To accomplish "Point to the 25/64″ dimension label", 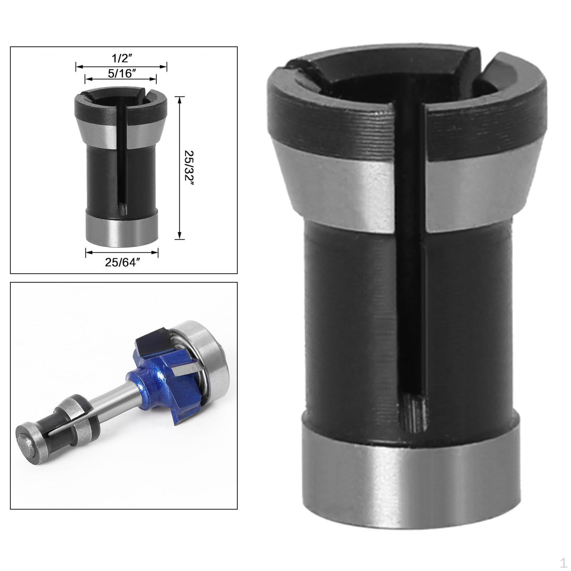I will (122, 262).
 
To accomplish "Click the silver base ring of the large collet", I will (410, 475).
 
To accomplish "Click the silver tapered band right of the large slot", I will (482, 189).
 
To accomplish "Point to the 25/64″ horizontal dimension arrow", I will (122, 252).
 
